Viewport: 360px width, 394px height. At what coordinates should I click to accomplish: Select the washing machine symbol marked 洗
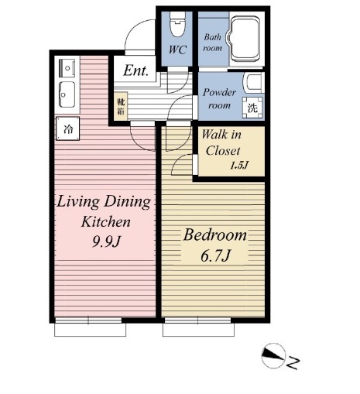pyautogui.click(x=252, y=108)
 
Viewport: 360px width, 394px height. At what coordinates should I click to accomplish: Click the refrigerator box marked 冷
pyautogui.click(x=68, y=128)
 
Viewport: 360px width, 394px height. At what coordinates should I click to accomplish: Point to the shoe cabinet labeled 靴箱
pyautogui.click(x=121, y=106)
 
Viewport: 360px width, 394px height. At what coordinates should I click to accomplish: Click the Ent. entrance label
pyautogui.click(x=135, y=70)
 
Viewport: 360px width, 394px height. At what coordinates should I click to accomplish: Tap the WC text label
pyautogui.click(x=177, y=50)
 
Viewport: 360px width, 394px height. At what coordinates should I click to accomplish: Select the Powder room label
pyautogui.click(x=219, y=98)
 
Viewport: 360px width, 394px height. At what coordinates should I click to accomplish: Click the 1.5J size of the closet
pyautogui.click(x=239, y=165)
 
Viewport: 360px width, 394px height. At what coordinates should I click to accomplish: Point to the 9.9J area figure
pyautogui.click(x=107, y=242)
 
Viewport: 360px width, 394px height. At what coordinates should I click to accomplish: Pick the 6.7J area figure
pyautogui.click(x=215, y=256)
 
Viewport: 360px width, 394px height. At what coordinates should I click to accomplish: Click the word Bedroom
pyautogui.click(x=214, y=235)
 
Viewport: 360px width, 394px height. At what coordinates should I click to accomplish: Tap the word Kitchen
pyautogui.click(x=106, y=221)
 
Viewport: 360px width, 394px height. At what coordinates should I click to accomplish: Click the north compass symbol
pyautogui.click(x=273, y=355)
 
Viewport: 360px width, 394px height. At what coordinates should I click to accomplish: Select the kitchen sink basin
pyautogui.click(x=67, y=94)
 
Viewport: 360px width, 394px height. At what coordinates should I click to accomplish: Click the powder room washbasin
pyautogui.click(x=253, y=82)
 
